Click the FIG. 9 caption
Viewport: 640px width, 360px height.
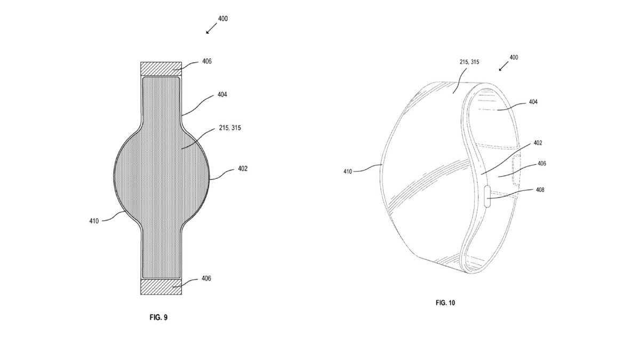[x=158, y=317]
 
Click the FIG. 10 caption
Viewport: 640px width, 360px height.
[x=445, y=302]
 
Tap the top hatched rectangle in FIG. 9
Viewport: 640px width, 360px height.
[x=161, y=69]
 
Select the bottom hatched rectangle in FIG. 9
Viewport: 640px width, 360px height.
[x=161, y=286]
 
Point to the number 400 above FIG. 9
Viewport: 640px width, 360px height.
[x=223, y=19]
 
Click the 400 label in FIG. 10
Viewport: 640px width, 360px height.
[x=513, y=57]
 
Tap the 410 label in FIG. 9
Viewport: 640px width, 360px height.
[x=94, y=221]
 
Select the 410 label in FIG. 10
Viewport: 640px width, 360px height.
[x=348, y=171]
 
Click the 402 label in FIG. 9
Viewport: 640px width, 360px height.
[x=242, y=169]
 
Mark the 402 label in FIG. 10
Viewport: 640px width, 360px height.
[x=537, y=143]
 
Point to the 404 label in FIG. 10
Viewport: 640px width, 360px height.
[x=533, y=102]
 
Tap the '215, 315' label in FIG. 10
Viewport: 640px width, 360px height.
[x=469, y=62]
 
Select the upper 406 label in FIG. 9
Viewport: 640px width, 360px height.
[x=207, y=61]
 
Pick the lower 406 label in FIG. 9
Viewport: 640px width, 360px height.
[x=207, y=278]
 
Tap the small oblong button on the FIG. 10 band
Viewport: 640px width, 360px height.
[x=487, y=195]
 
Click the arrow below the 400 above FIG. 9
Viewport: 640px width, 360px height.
[x=210, y=29]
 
